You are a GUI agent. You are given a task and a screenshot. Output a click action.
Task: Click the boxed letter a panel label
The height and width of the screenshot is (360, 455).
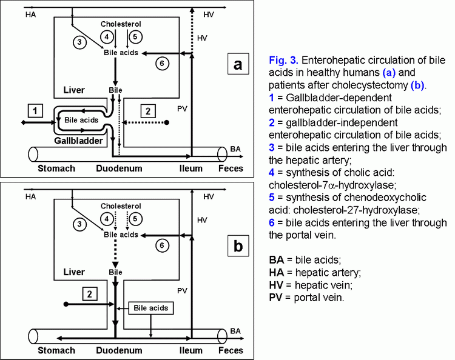[238, 64]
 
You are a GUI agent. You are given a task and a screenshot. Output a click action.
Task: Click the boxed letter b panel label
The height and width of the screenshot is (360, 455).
[238, 246]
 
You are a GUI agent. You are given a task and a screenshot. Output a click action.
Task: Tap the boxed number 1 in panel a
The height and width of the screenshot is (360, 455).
[35, 111]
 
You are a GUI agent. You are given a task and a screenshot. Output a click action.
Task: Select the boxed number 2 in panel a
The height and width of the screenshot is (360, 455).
[148, 111]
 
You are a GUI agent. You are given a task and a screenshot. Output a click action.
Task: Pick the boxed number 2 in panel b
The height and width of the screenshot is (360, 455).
[90, 294]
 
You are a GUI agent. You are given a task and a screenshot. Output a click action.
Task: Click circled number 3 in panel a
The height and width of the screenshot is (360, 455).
[79, 42]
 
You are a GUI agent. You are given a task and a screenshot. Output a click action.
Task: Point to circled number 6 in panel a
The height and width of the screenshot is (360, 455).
[162, 64]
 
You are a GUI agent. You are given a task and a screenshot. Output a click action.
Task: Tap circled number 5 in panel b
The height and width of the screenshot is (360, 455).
[135, 219]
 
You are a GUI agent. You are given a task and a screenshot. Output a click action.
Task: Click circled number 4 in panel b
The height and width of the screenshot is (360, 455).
[107, 219]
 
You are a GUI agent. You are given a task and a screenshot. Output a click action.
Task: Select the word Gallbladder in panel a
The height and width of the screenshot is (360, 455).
[78, 141]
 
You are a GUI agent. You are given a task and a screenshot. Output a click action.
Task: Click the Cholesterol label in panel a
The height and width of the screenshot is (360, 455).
[121, 24]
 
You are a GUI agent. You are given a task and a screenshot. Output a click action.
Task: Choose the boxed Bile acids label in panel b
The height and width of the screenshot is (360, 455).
[151, 308]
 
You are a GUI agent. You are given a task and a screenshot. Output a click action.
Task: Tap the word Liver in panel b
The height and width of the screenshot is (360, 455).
[74, 272]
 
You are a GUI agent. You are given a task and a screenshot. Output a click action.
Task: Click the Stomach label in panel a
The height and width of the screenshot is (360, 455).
[56, 168]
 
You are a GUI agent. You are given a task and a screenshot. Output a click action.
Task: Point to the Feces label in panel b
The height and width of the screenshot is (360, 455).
[231, 350]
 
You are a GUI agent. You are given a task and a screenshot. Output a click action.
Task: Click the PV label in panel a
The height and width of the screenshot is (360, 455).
[182, 108]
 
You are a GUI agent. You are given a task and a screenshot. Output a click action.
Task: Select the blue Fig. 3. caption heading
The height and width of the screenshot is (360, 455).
[283, 60]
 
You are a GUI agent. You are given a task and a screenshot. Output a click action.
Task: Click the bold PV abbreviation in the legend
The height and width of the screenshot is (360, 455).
[275, 298]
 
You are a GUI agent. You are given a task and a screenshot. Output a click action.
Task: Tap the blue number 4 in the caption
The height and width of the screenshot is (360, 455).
[272, 173]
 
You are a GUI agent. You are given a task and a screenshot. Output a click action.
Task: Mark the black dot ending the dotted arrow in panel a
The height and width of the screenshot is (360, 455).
[167, 122]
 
